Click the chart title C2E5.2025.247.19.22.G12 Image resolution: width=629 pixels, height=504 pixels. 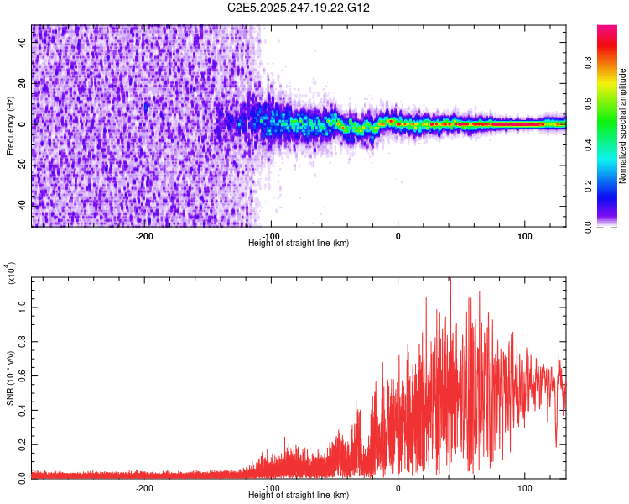(299, 8)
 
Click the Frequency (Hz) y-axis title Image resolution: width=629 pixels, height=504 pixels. (10, 125)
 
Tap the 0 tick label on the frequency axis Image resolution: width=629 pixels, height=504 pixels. (23, 123)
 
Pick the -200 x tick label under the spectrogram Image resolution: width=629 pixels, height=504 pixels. (143, 234)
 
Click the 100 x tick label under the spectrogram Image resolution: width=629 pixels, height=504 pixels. (525, 234)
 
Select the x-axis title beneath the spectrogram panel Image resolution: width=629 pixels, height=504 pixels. (299, 243)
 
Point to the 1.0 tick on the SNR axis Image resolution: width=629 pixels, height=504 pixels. (23, 307)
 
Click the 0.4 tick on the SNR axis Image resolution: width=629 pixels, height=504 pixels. (23, 410)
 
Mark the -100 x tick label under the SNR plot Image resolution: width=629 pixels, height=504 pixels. (271, 487)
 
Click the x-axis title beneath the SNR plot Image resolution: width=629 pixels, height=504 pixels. (299, 496)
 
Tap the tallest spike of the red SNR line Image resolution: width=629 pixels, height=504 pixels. (450, 280)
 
